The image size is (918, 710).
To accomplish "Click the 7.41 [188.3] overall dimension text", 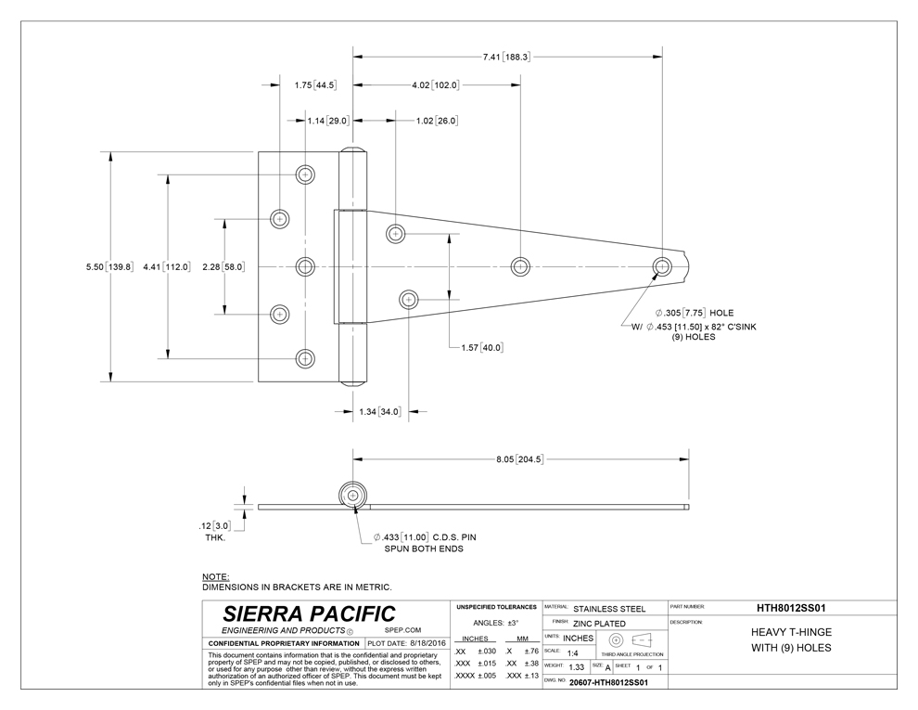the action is (x=506, y=57).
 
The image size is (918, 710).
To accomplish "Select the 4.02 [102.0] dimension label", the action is (x=436, y=85).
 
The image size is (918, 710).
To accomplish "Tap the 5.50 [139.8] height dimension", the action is (x=109, y=267).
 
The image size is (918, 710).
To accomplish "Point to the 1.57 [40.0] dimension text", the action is (x=482, y=348).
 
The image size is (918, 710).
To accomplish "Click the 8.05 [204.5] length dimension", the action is (x=519, y=459).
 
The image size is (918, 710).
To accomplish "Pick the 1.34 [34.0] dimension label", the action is (x=379, y=412).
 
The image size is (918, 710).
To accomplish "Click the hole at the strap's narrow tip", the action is (x=663, y=266).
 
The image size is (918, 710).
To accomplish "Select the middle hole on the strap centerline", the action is (x=520, y=266).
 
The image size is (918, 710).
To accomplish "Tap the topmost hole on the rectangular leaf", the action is (x=305, y=174).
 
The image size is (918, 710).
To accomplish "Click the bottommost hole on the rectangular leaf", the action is (x=305, y=359).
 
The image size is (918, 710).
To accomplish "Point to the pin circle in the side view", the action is (x=353, y=497).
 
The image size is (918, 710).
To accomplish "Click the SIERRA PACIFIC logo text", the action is (x=309, y=613).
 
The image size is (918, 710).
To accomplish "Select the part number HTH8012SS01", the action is (x=791, y=608).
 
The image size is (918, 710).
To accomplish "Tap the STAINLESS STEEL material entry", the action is (x=609, y=609).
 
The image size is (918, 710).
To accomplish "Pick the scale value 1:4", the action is (x=572, y=653).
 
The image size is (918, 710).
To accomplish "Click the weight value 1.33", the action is (x=576, y=667).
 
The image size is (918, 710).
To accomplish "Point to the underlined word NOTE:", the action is (x=215, y=577).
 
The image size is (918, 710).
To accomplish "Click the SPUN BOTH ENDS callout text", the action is (x=423, y=549).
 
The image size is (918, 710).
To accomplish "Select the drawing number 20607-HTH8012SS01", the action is (x=608, y=682).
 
